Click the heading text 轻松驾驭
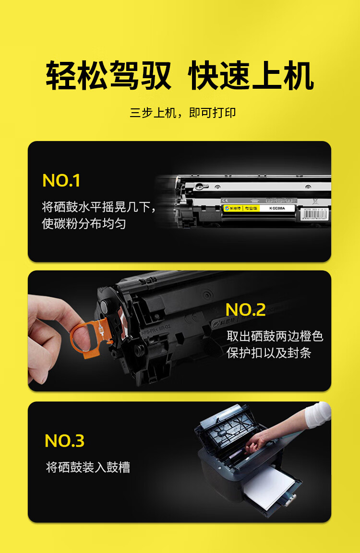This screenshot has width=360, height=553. pos(108,76)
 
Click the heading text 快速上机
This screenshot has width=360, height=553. pos(251,76)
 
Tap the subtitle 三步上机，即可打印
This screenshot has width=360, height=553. pos(183,113)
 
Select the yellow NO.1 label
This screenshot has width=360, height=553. pos(61,181)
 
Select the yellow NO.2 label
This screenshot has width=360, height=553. pos(245,310)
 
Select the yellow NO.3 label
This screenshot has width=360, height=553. pos(64,441)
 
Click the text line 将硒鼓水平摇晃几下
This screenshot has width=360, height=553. pos(99,207)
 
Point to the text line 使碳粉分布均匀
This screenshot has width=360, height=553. pos(84,224)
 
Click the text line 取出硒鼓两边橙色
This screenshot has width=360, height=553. pos(275,336)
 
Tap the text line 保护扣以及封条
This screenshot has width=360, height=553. pos(269,353)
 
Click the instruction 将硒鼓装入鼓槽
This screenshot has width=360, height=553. pos(88,467)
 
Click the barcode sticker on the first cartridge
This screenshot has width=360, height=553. pos(315,214)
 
